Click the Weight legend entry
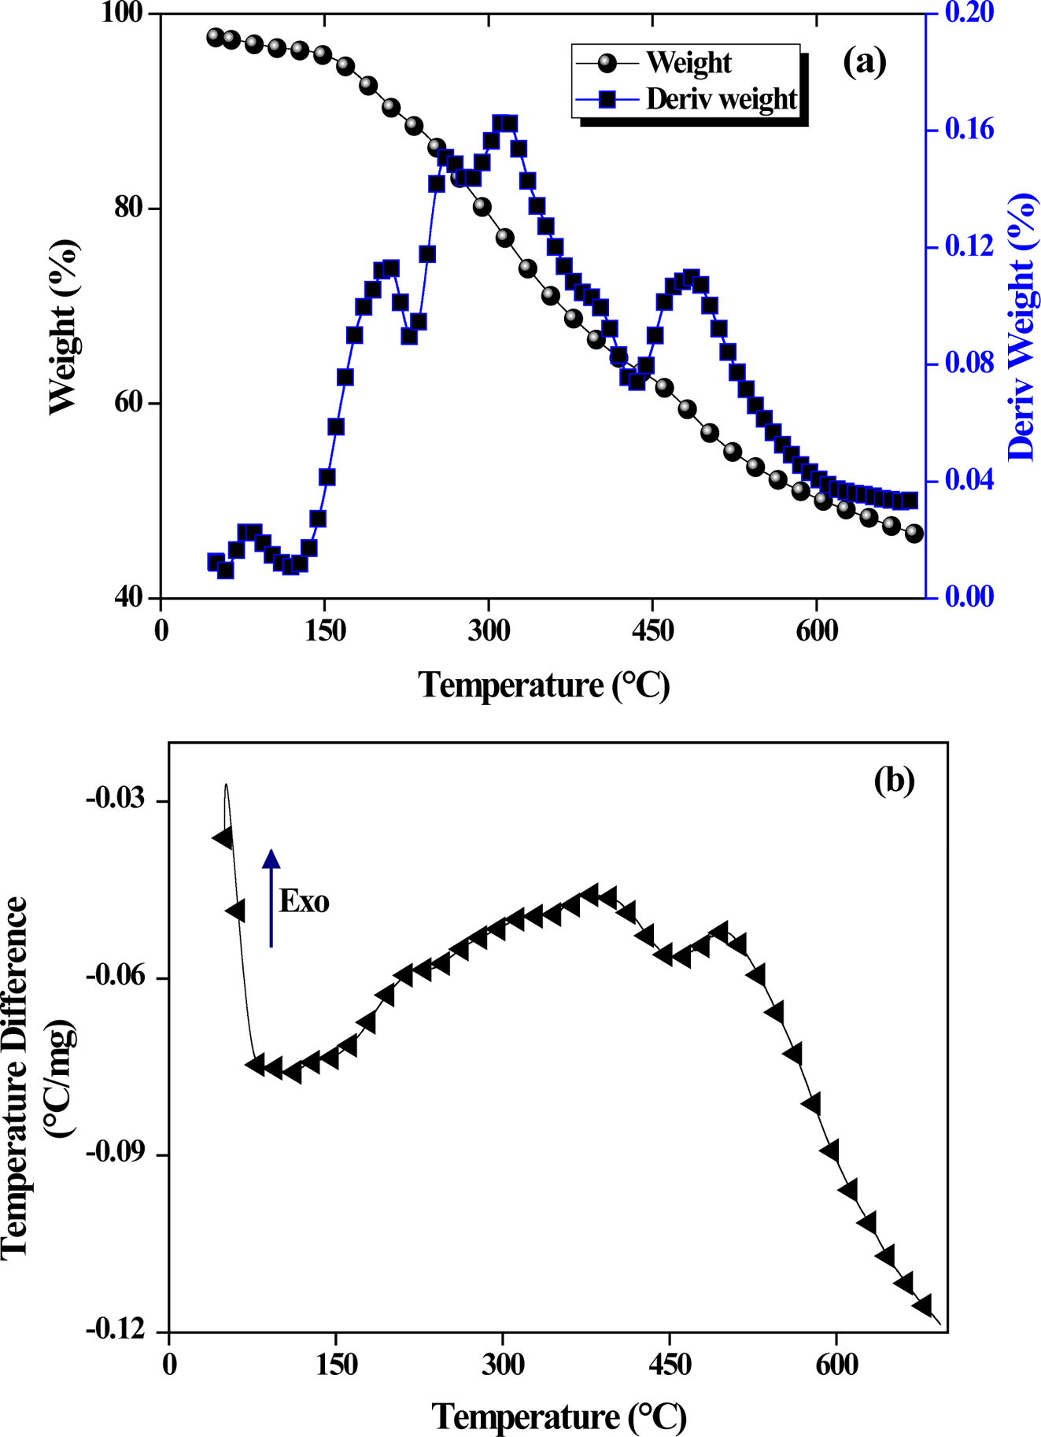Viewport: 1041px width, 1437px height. pyautogui.click(x=688, y=63)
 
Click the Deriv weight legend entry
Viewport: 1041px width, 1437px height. pyautogui.click(x=721, y=100)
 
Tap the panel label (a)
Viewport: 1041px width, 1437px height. pyautogui.click(x=864, y=61)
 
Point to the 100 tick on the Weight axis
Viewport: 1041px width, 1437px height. pyautogui.click(x=122, y=14)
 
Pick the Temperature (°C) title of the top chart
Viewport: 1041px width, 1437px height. pyautogui.click(x=544, y=685)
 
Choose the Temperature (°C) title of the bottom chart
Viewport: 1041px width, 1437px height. pyautogui.click(x=559, y=1417)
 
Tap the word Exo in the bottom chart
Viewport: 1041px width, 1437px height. pyautogui.click(x=305, y=901)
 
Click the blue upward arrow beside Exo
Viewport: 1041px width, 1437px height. pyautogui.click(x=271, y=897)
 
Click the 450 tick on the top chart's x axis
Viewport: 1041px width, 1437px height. pyautogui.click(x=652, y=631)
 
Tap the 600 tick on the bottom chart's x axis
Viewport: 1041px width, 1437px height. pyautogui.click(x=836, y=1364)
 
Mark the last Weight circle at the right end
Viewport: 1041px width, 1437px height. pyautogui.click(x=914, y=533)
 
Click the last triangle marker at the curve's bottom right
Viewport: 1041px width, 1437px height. pyautogui.click(x=923, y=1306)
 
